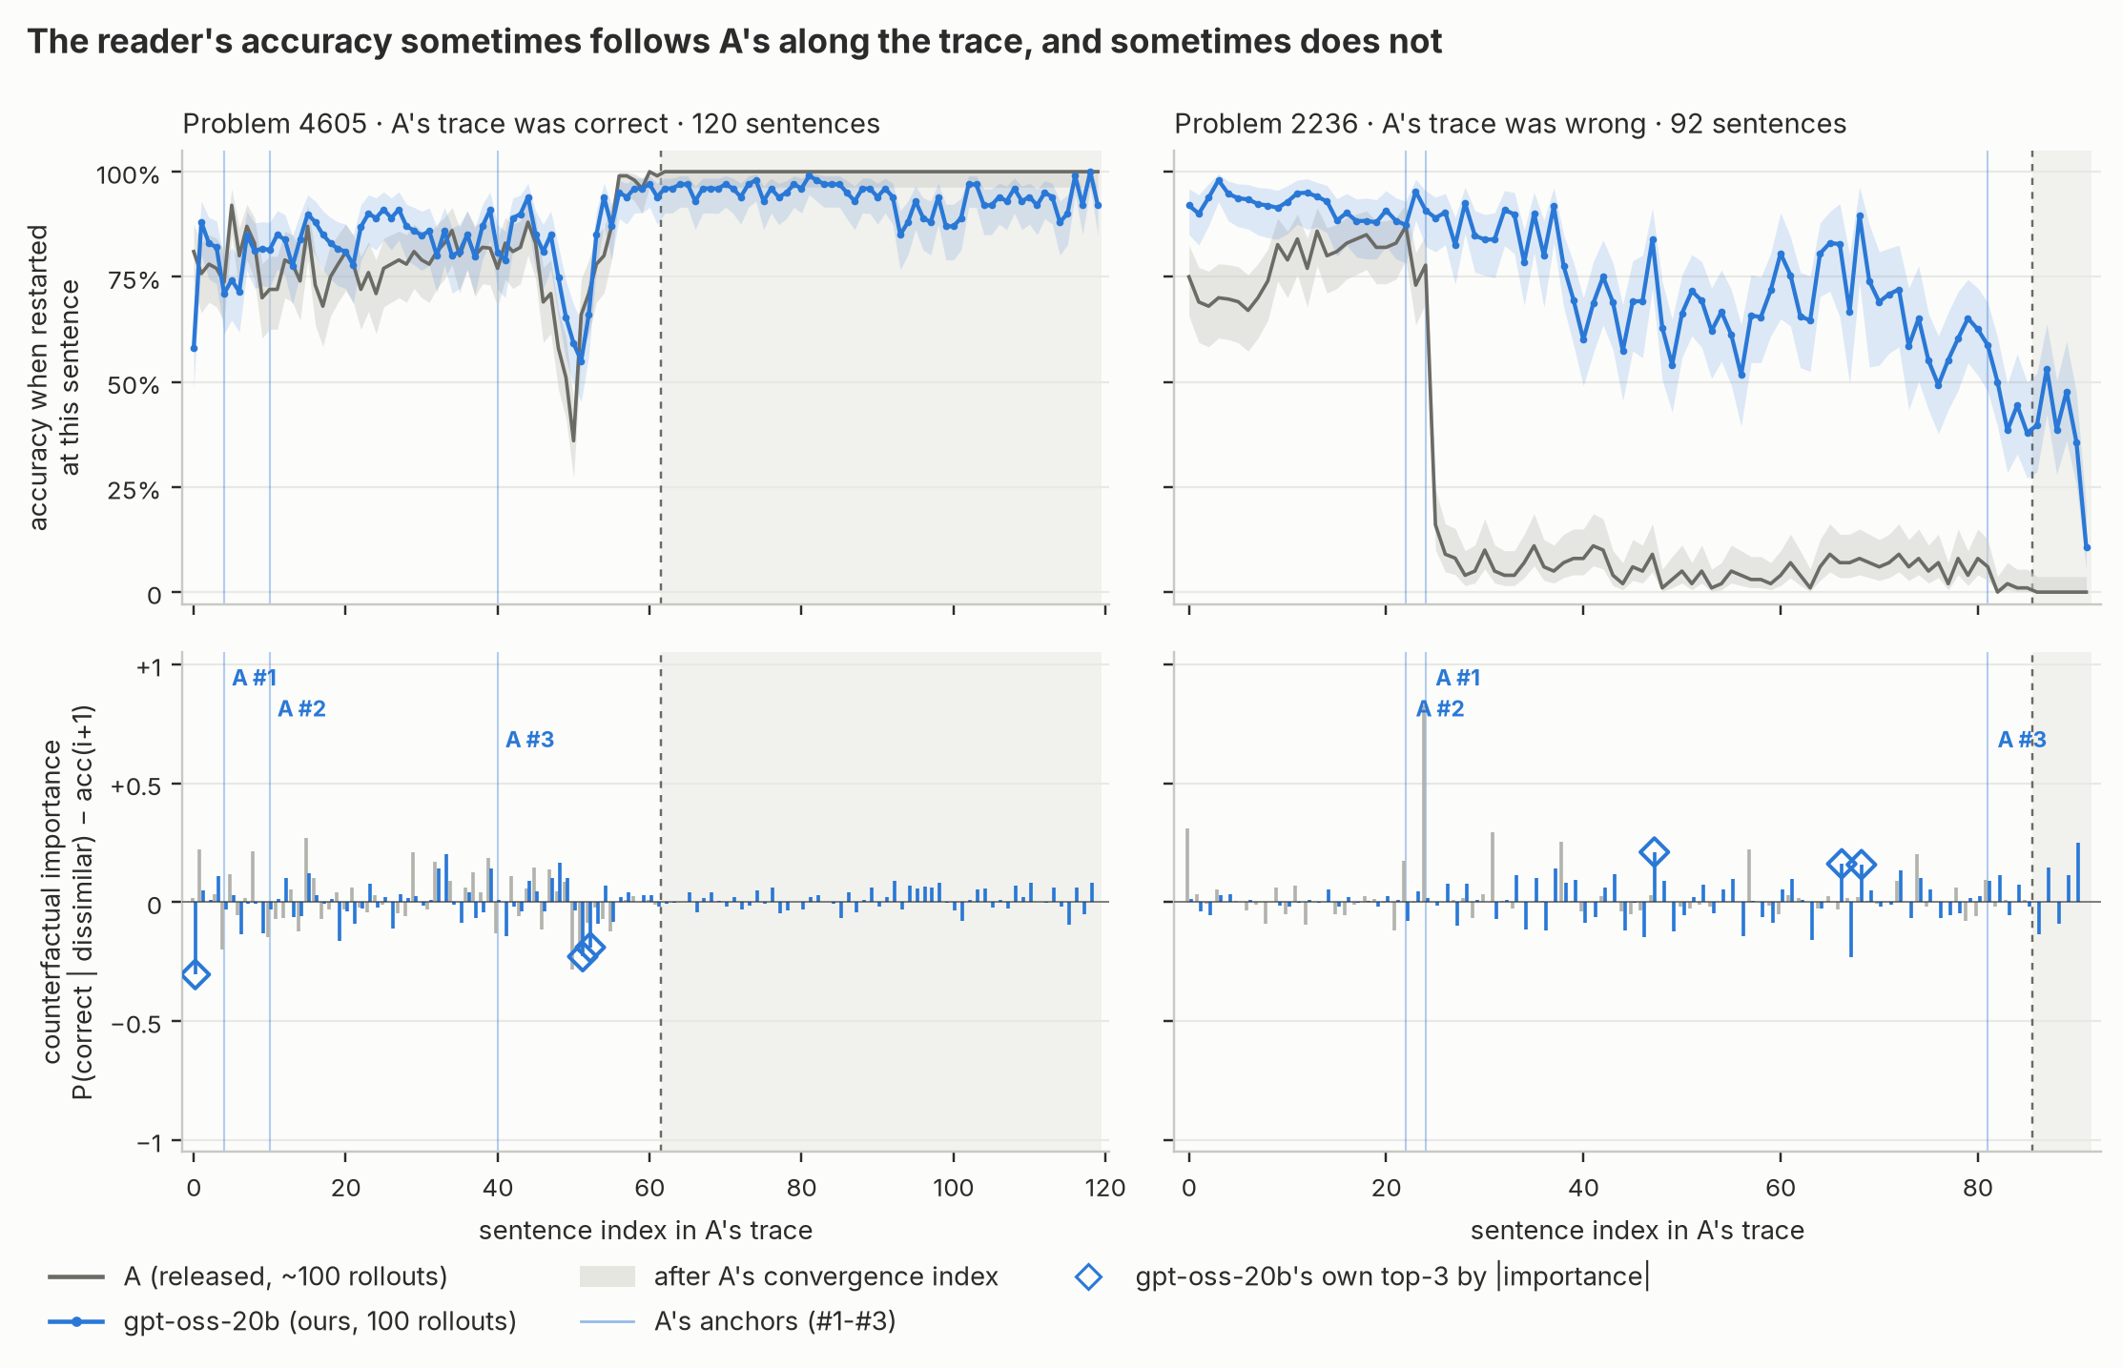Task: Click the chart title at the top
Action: click(734, 42)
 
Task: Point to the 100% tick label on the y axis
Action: click(128, 174)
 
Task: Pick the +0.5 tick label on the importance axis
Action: click(135, 786)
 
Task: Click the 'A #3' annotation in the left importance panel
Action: click(529, 740)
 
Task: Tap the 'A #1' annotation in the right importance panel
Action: click(1458, 678)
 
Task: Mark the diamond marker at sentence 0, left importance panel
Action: click(196, 974)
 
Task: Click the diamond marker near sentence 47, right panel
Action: click(1654, 852)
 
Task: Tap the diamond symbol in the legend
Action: click(1088, 1276)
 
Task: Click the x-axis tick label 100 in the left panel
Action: click(953, 1188)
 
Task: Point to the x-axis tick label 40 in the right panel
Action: click(1583, 1188)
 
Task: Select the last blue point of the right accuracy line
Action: click(2087, 547)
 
